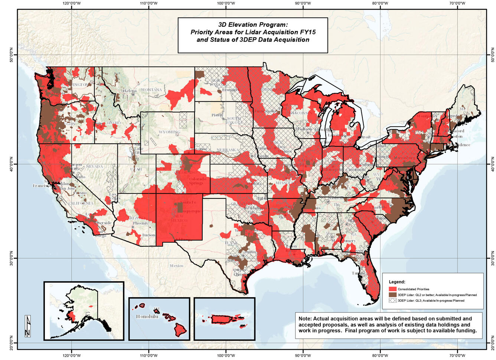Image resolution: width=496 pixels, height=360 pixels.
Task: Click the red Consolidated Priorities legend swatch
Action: pos(392,289)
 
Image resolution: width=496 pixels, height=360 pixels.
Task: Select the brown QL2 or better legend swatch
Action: pos(392,295)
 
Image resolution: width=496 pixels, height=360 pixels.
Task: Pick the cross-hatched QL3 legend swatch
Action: pos(392,301)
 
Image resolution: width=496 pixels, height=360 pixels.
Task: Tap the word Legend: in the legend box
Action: pos(397,282)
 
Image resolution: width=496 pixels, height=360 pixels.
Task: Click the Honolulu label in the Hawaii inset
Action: pos(147,317)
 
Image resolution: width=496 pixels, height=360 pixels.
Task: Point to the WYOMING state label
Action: pos(169,132)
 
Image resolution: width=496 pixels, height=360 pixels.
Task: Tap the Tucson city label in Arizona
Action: pos(148,235)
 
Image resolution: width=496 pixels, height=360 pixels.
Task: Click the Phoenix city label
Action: pos(140,223)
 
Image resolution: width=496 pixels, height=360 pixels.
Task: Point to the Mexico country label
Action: pos(176,266)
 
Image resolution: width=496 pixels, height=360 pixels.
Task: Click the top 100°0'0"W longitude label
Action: pos(226,3)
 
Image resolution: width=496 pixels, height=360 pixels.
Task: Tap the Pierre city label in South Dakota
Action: pos(216,115)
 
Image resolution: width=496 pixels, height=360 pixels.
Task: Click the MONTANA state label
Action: pos(151,90)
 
